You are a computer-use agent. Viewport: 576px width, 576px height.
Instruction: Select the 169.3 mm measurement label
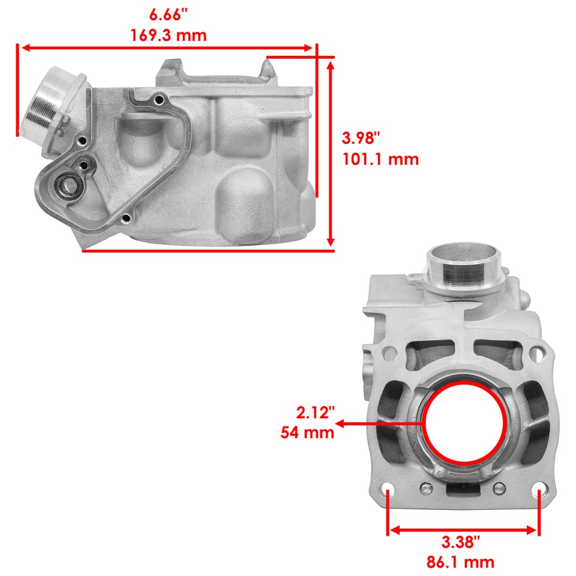169,35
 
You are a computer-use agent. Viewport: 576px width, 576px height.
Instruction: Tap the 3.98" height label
361,139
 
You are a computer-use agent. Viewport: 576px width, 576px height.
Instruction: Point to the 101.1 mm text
380,160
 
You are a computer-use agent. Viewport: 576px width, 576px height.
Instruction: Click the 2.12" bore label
313,412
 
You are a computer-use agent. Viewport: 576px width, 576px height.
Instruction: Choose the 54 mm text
307,433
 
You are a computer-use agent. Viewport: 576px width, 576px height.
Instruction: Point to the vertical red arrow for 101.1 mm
330,153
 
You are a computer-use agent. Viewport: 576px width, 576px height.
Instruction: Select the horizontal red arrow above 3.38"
463,530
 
